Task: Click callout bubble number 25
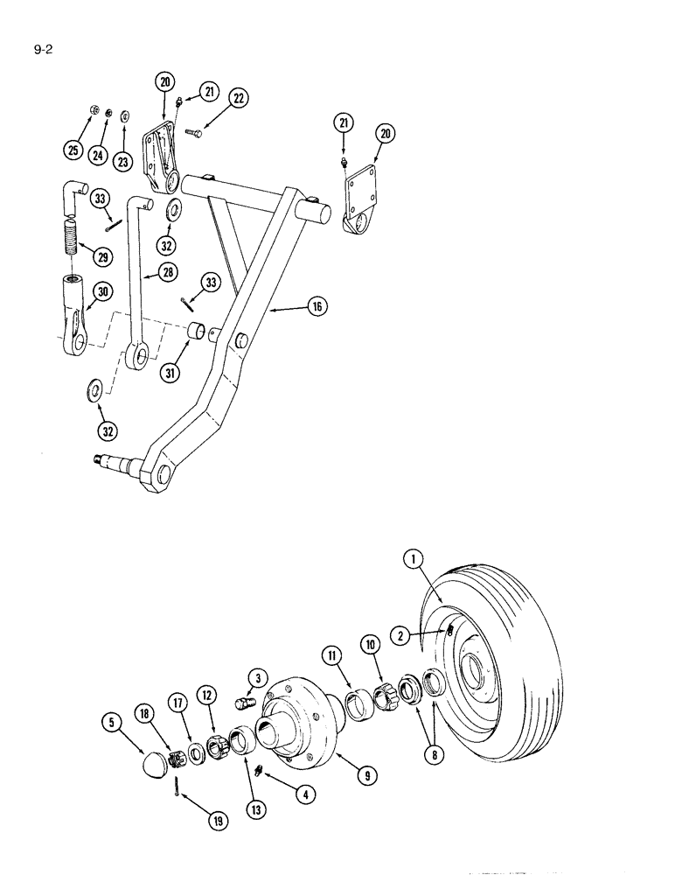(73, 150)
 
